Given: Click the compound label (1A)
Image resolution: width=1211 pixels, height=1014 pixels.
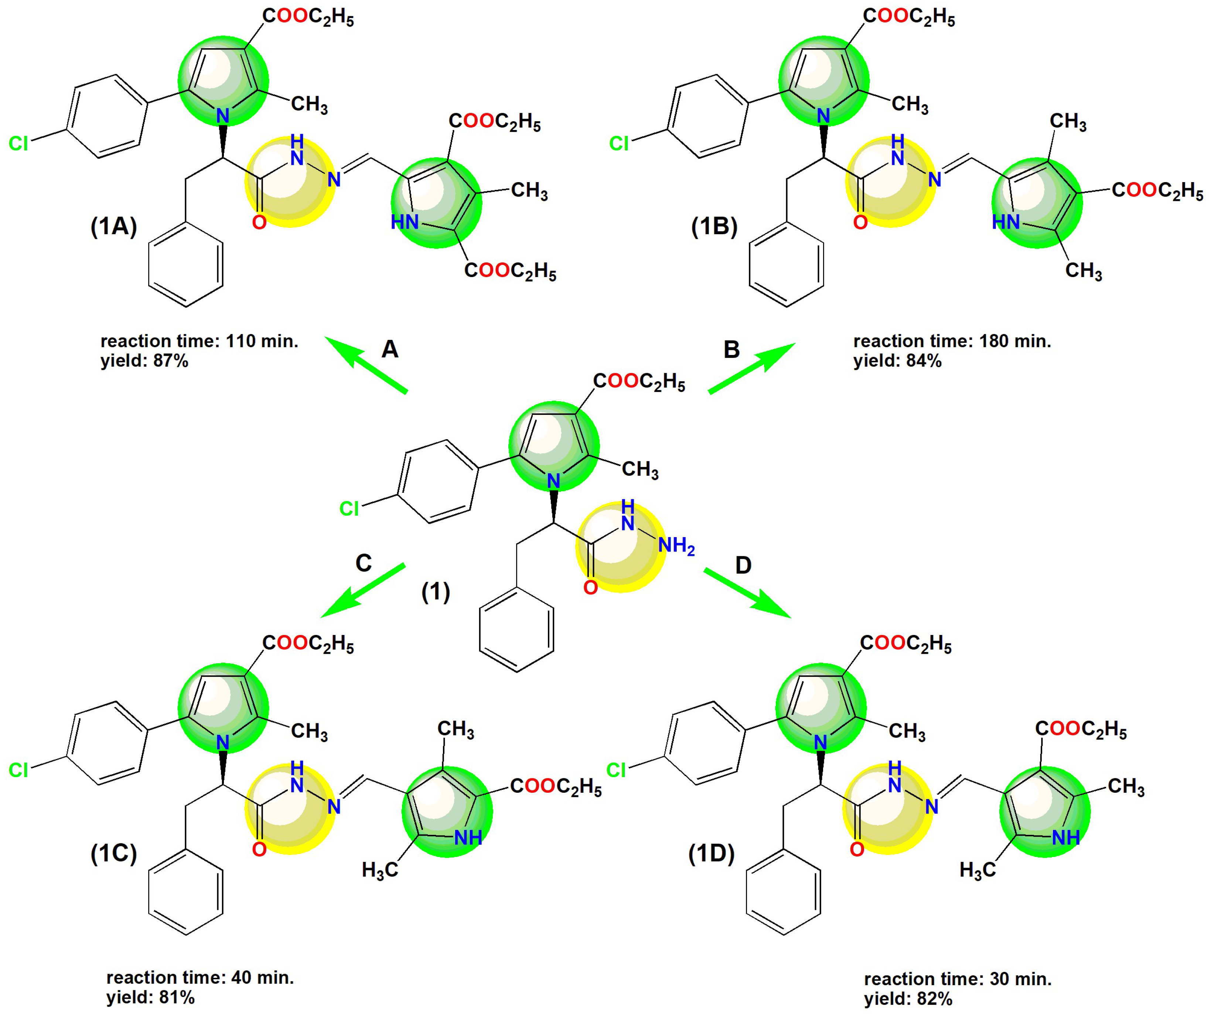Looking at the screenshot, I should click(114, 226).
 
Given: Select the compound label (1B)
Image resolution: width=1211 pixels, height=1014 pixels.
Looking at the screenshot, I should click(714, 226).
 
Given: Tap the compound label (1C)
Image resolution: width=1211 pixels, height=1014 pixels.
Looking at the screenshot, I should click(114, 854).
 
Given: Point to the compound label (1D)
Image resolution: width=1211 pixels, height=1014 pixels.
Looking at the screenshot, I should click(711, 854).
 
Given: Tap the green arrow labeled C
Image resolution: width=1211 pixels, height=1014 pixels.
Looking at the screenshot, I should click(363, 591).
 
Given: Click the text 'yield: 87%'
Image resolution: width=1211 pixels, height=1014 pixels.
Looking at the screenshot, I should click(144, 361).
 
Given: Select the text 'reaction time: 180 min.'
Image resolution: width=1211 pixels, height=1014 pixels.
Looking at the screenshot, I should click(952, 341).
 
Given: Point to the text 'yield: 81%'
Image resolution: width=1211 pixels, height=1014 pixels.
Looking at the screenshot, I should click(150, 997).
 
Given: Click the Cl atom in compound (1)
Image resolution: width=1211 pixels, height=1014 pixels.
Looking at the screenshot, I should click(349, 508).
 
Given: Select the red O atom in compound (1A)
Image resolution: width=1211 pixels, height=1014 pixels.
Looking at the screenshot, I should click(259, 222).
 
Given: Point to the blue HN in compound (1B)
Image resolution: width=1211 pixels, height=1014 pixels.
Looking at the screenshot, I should click(1006, 222).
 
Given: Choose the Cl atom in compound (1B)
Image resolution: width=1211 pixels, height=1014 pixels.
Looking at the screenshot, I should click(619, 143).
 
